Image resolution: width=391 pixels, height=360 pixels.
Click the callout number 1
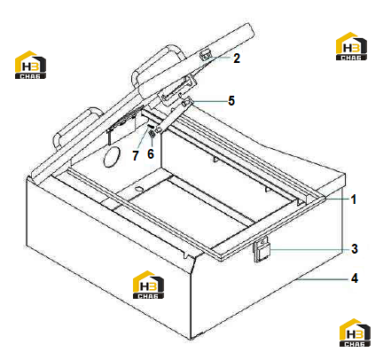coord(353,200)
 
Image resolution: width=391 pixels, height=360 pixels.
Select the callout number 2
coord(237,59)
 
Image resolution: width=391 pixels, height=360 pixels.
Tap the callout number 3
coord(355,248)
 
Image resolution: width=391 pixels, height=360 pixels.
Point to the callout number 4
coord(355,278)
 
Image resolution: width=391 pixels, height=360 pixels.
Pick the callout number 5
coord(231,101)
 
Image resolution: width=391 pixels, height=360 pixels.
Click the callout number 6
coord(151,153)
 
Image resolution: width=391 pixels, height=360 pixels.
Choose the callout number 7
coord(136,155)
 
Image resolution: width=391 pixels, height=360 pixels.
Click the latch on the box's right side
coord(262,249)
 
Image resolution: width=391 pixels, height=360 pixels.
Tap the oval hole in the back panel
coord(112,157)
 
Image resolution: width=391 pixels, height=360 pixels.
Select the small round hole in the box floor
coord(138,189)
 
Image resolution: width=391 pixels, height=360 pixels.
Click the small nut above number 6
coord(152,134)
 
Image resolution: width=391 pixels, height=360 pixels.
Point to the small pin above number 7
coord(151,126)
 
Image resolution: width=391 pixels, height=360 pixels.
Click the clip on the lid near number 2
coord(206,53)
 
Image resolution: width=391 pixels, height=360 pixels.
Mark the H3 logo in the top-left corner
coord(30,65)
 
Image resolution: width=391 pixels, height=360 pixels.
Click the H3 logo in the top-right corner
coord(351,46)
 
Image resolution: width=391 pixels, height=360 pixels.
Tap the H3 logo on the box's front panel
coord(148,285)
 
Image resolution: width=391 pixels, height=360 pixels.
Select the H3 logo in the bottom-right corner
coord(355,333)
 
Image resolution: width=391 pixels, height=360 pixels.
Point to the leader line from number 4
coord(323,278)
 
